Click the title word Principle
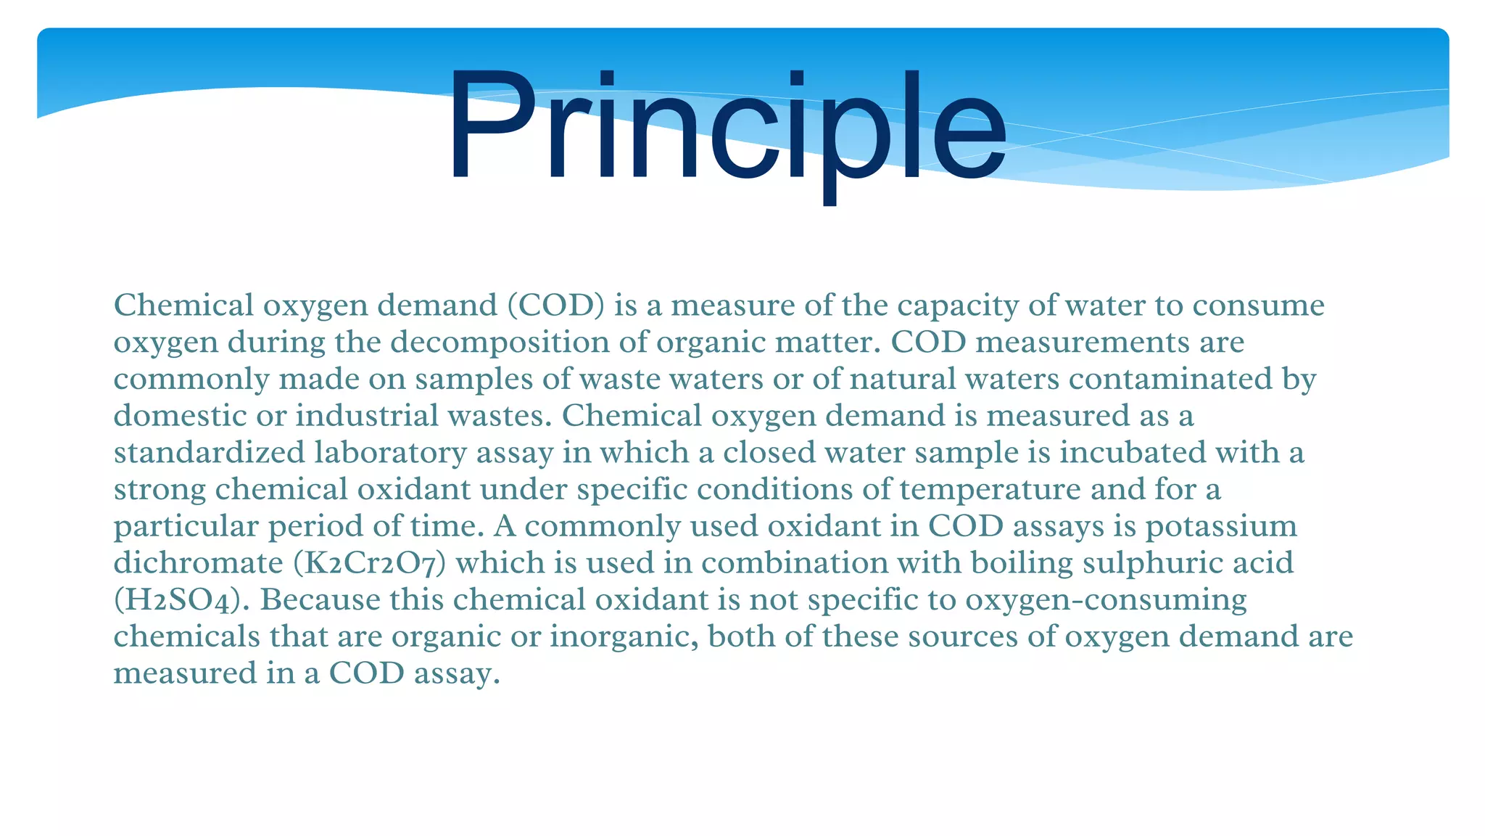pyautogui.click(x=727, y=127)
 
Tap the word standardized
pyautogui.click(x=210, y=453)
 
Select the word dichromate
pyautogui.click(x=198, y=563)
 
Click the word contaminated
pyautogui.click(x=1171, y=380)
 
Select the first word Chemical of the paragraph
pyautogui.click(x=183, y=306)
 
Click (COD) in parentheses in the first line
pyautogui.click(x=555, y=306)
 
